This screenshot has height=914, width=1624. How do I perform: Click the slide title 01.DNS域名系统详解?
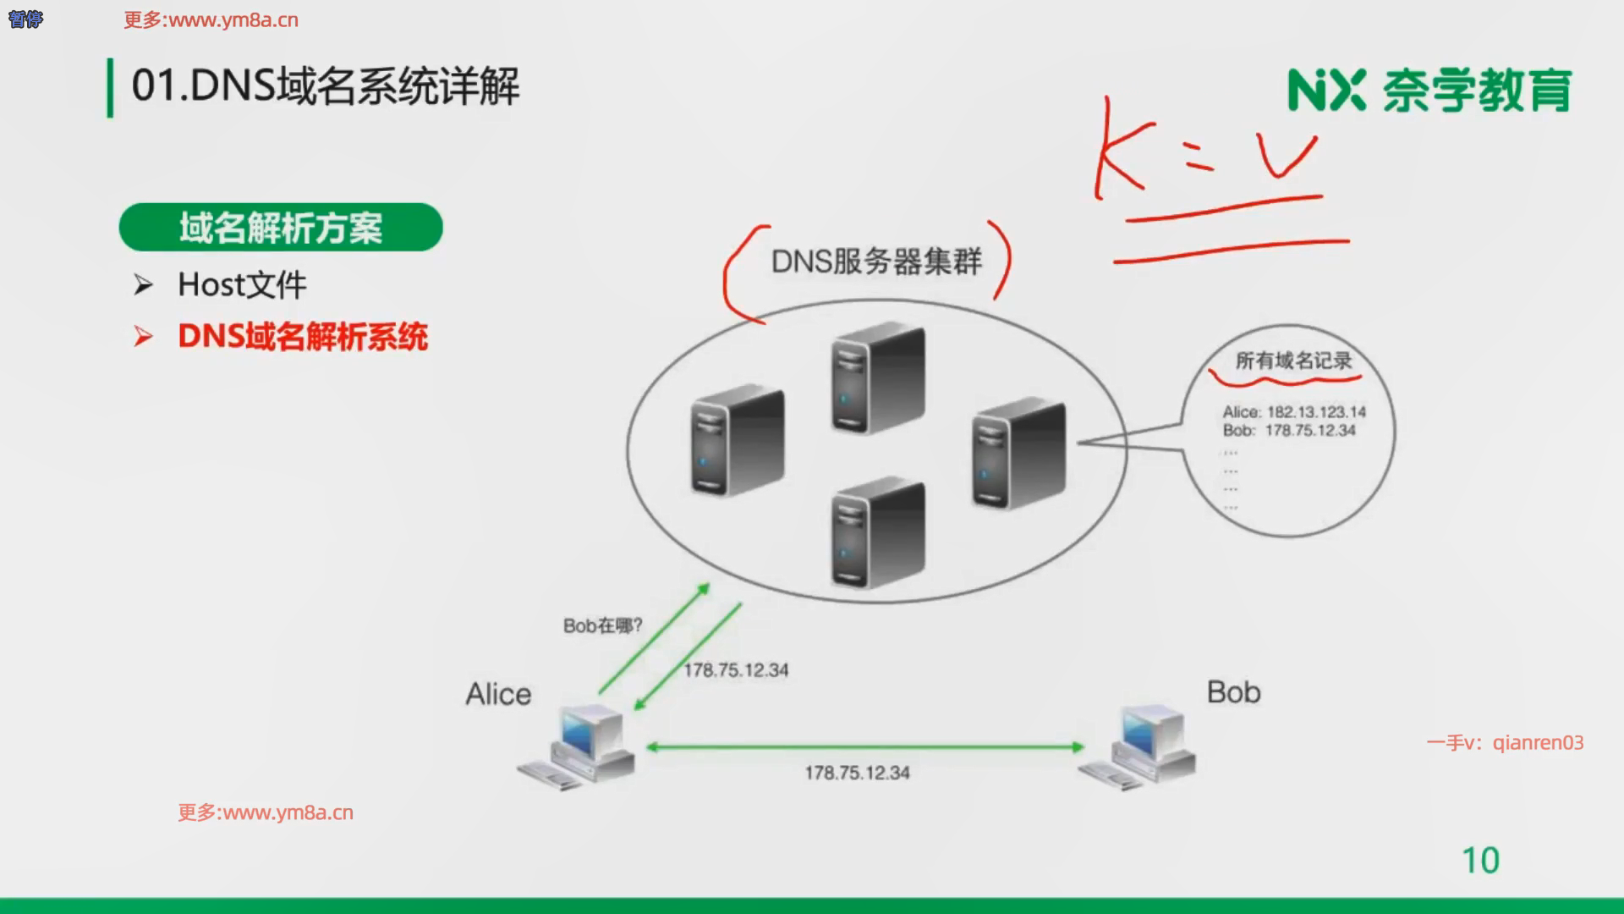326,86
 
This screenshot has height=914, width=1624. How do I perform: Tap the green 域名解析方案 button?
280,228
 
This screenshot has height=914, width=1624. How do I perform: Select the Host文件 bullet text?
242,285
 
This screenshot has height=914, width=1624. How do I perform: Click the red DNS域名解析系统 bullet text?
303,337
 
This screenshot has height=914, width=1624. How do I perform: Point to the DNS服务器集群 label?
876,262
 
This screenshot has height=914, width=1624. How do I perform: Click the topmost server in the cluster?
878,377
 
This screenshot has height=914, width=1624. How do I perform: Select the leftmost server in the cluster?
738,440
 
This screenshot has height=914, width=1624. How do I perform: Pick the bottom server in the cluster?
878,533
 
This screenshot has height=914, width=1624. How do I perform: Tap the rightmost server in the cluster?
1018,453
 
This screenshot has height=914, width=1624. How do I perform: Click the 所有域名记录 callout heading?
1293,361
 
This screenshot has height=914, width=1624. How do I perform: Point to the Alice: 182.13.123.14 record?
1294,412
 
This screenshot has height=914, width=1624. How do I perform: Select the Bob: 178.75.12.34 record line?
1289,431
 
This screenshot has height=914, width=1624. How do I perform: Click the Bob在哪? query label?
602,626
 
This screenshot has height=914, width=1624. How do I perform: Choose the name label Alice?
498,695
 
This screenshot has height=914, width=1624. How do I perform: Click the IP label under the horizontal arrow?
857,773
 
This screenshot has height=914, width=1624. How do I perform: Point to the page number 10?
1480,861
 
